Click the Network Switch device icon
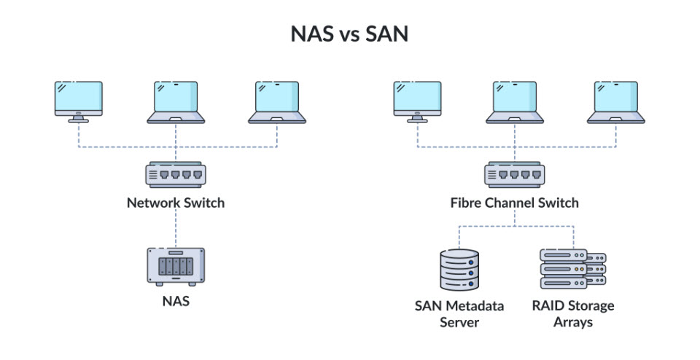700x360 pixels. tap(175, 175)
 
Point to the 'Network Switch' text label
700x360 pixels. tap(175, 203)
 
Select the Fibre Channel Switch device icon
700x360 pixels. tap(514, 175)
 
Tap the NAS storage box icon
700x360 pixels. tap(175, 266)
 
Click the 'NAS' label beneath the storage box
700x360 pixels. tap(175, 300)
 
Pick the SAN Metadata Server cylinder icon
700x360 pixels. tap(459, 269)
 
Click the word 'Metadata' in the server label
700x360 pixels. tap(475, 305)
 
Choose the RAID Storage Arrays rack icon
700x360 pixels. tap(572, 269)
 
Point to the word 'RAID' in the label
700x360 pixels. tap(548, 305)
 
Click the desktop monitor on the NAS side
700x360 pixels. tap(78, 101)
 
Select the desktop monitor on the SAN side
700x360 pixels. tap(417, 101)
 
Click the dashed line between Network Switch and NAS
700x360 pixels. tap(175, 229)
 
